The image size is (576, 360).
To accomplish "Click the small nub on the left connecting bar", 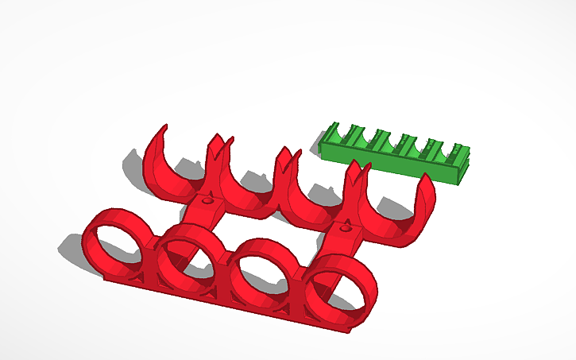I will click(208, 202).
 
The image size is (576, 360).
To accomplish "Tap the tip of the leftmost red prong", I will click(163, 128).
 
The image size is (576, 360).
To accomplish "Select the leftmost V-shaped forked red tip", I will click(219, 142).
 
